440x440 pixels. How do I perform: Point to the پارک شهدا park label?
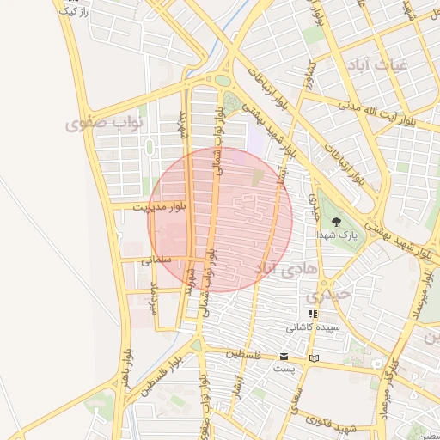(336, 234)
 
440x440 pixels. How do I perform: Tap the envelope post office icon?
(284, 356)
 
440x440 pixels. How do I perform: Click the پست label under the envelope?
(284, 368)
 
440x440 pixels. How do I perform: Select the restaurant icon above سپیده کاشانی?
(313, 315)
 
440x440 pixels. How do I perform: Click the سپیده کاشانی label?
(313, 327)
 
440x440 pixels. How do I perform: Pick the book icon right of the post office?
(314, 357)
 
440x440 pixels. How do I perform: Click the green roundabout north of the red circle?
(223, 80)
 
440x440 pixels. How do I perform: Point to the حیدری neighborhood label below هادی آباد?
(328, 294)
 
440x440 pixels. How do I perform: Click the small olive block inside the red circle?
(259, 176)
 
